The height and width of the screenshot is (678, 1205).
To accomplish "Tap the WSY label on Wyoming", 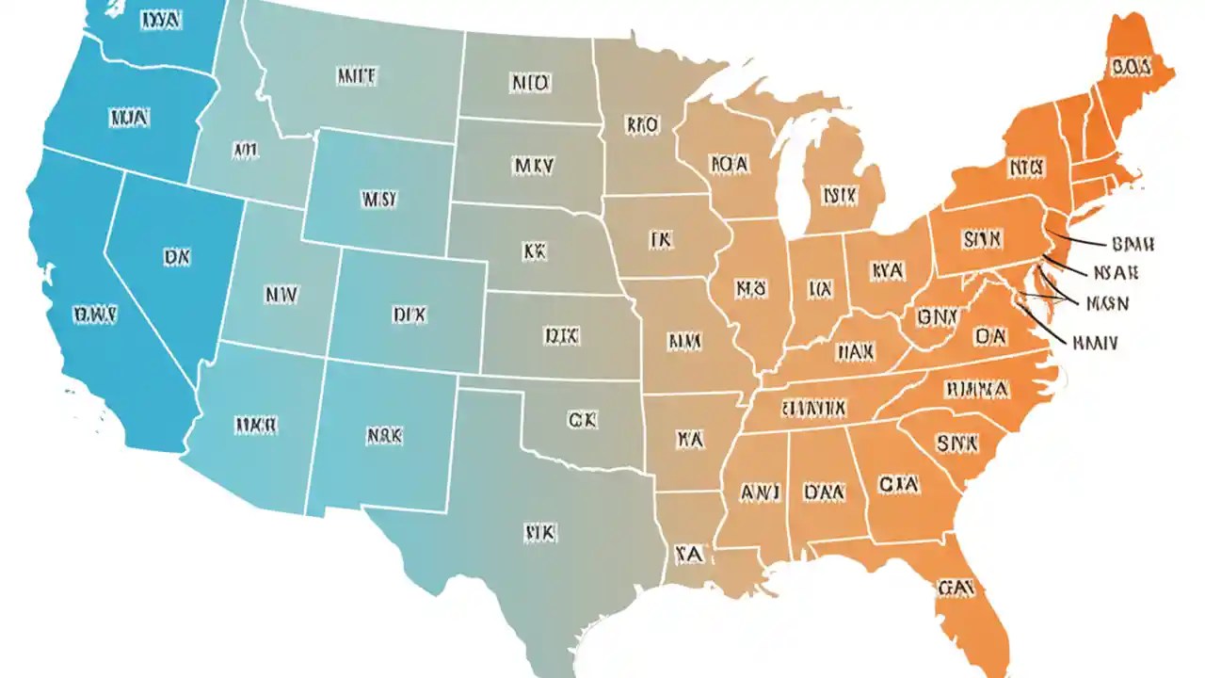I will coord(379,200).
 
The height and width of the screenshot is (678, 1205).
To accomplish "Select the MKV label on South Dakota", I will coord(533,167).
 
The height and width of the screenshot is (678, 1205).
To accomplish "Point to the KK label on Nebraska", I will coord(534,251).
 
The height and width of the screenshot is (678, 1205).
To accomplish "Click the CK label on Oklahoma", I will coord(582,420).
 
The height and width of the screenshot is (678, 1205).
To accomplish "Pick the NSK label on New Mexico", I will coord(383,436).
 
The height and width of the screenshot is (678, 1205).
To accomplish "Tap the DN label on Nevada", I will coord(176,255).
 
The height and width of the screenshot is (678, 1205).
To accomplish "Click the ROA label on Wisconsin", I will coord(729,164).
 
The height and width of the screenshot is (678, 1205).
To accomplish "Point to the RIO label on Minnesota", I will coord(642,123).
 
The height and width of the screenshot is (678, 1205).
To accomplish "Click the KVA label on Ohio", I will coord(888,271).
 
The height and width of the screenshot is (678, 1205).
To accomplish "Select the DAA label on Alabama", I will coord(825,492).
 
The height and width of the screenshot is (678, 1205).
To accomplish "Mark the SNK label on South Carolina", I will coord(957,442).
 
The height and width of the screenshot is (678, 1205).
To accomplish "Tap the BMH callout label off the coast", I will coord(1133,244).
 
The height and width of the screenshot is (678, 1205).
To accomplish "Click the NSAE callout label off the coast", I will coord(1116,273).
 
